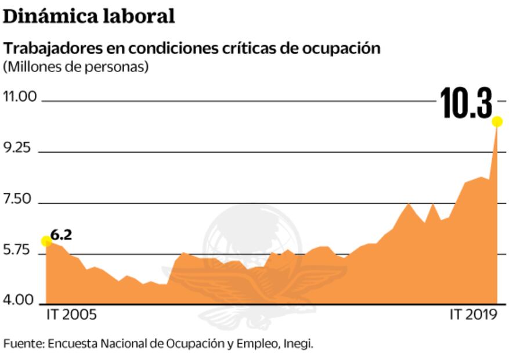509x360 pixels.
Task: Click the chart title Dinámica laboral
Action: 89,16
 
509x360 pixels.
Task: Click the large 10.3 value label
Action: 466,104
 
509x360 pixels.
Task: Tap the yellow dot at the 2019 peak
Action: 497,121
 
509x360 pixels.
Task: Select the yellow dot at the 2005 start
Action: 46,241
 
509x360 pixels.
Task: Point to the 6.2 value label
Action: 61,235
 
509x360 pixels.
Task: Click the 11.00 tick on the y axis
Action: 20,96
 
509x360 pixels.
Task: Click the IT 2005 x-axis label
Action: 71,315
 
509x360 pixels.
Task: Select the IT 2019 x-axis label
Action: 474,315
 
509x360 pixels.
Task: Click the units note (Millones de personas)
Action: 76,66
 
